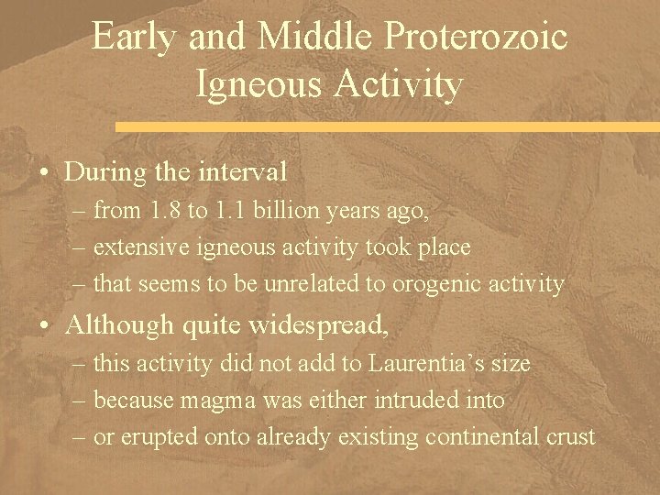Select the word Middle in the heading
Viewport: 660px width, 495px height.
click(307, 38)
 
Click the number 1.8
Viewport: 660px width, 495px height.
click(168, 211)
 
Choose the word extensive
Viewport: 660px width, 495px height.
click(136, 247)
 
